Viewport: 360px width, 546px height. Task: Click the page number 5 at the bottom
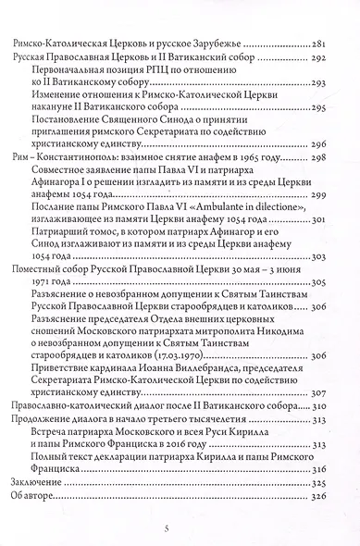[x=180, y=527]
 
